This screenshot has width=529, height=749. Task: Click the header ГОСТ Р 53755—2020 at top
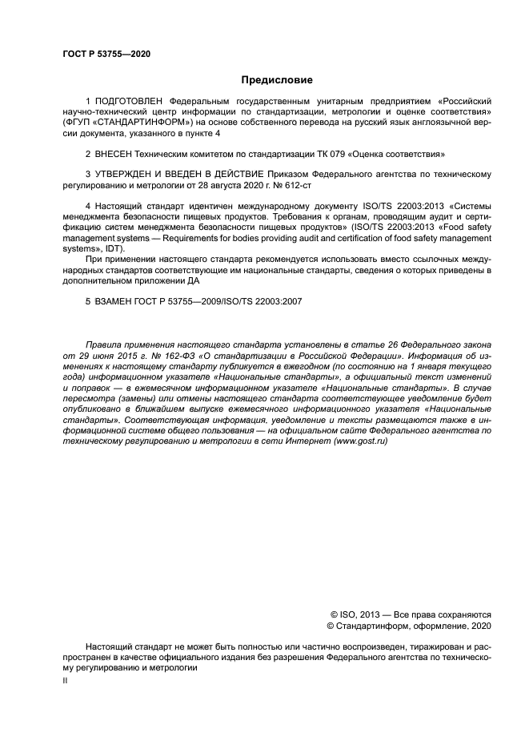106,54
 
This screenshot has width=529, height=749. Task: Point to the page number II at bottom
66,679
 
